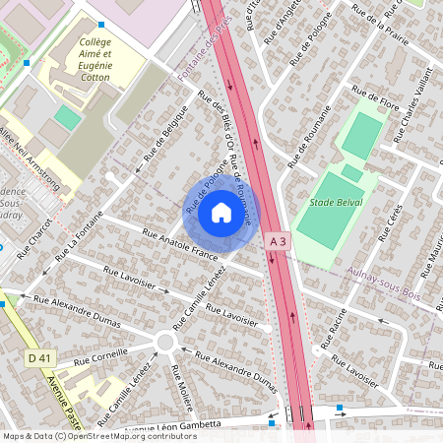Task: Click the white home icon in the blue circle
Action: (x=221, y=212)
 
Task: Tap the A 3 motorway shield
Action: (x=278, y=241)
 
